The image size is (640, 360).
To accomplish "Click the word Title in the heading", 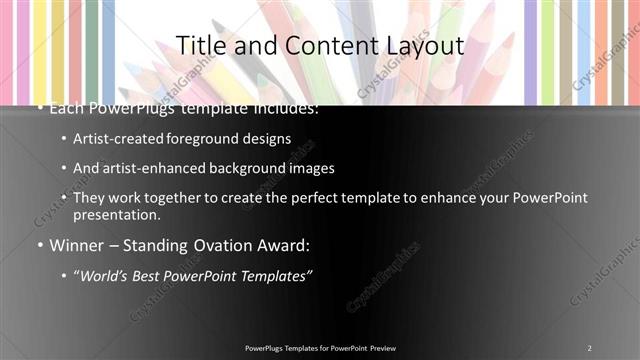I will (200, 46).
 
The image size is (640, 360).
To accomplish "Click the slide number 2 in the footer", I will (590, 348).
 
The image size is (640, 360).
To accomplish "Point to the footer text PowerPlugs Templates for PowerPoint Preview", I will (320, 348).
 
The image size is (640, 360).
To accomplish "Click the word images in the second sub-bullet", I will (313, 168).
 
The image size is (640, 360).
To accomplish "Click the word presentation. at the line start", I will (116, 214).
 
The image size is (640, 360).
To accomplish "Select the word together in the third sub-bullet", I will (169, 198).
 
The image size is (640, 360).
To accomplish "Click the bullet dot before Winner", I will (38, 245).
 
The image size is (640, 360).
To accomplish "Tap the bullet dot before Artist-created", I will (64, 139).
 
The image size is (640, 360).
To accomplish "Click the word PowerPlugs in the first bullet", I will (128, 108).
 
